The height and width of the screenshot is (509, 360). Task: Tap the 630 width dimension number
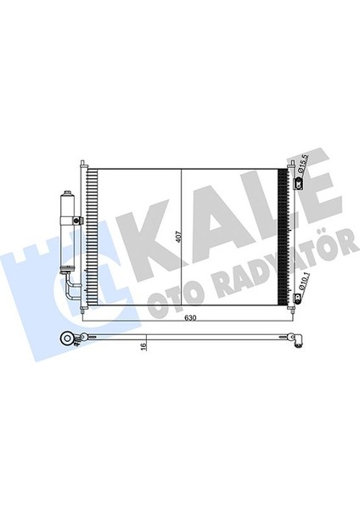(190, 318)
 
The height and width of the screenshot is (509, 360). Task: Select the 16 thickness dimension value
(144, 346)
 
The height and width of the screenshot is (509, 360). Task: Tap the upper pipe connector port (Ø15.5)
(298, 184)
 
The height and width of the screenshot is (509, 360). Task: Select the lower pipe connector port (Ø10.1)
(297, 298)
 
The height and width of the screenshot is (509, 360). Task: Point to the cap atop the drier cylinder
(68, 193)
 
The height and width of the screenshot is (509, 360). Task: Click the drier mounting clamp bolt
(76, 221)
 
